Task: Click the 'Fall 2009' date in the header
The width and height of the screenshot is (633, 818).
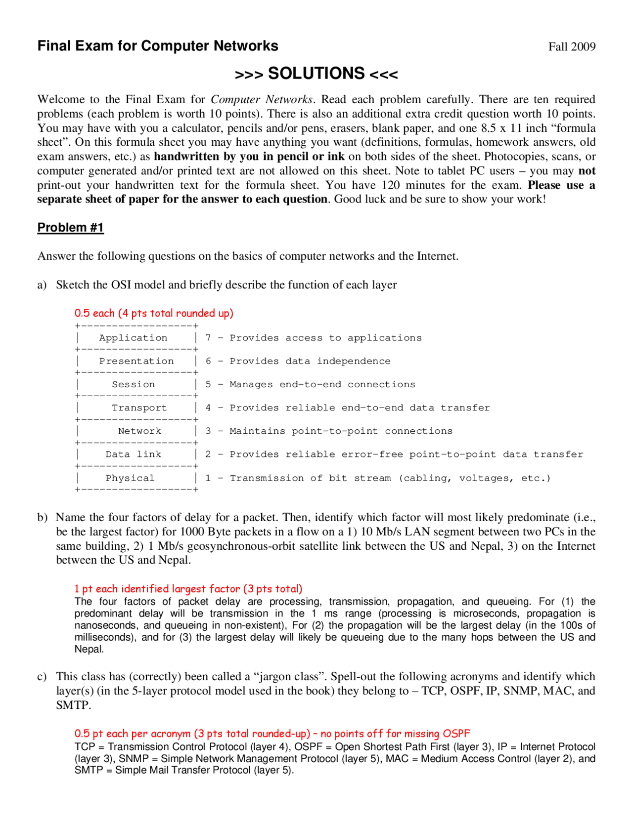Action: pyautogui.click(x=572, y=46)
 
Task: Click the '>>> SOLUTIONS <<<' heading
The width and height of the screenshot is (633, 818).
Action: pyautogui.click(x=316, y=74)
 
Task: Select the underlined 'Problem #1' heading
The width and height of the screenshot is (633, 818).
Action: pyautogui.click(x=71, y=227)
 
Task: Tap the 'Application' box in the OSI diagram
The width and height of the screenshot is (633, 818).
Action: pyautogui.click(x=133, y=338)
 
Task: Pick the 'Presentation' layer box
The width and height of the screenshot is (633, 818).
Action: pyautogui.click(x=136, y=361)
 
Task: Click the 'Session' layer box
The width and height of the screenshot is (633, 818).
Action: pyautogui.click(x=133, y=384)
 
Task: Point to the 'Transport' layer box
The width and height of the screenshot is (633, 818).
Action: pyautogui.click(x=139, y=408)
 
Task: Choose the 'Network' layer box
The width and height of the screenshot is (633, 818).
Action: pyautogui.click(x=139, y=431)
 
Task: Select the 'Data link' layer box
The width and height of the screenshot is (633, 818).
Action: pyautogui.click(x=133, y=454)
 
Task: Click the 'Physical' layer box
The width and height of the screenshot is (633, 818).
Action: pyautogui.click(x=130, y=478)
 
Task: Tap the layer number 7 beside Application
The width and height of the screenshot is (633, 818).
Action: pyautogui.click(x=208, y=338)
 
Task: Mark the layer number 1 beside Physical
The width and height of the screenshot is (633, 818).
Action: pyautogui.click(x=208, y=478)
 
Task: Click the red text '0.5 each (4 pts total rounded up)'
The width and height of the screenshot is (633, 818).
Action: pyautogui.click(x=154, y=313)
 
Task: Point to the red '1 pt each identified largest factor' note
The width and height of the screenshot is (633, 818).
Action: pyautogui.click(x=188, y=589)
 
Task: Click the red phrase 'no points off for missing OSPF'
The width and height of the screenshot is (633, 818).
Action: pyautogui.click(x=395, y=734)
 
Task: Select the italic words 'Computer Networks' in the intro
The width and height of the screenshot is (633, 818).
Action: pyautogui.click(x=262, y=99)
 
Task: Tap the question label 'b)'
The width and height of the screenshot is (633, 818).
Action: pyautogui.click(x=42, y=517)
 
